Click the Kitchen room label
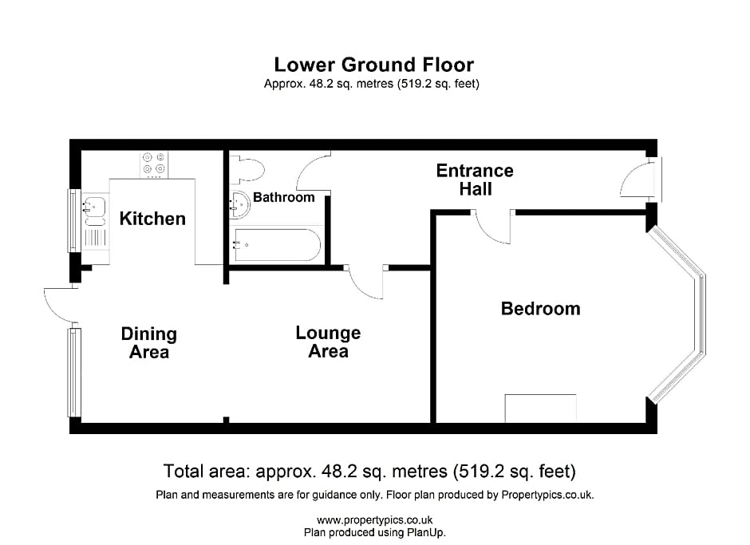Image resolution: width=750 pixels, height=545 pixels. pyautogui.click(x=152, y=219)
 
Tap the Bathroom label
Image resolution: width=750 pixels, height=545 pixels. pyautogui.click(x=283, y=197)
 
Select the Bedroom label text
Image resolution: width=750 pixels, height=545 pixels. pyautogui.click(x=540, y=309)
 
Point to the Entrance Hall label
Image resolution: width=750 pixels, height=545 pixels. pyautogui.click(x=475, y=180)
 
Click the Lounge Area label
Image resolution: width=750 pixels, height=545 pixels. pyautogui.click(x=328, y=342)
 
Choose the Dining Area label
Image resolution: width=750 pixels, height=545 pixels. pyautogui.click(x=148, y=343)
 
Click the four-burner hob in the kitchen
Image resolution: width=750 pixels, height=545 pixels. pyautogui.click(x=154, y=165)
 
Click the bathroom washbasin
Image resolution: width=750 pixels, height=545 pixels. pyautogui.click(x=239, y=205)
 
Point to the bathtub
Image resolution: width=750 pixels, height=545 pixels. pyautogui.click(x=277, y=245)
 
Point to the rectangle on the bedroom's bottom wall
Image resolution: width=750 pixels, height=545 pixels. pyautogui.click(x=540, y=409)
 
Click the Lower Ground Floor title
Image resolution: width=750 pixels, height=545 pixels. pyautogui.click(x=373, y=65)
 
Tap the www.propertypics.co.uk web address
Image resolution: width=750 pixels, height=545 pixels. pyautogui.click(x=374, y=520)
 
